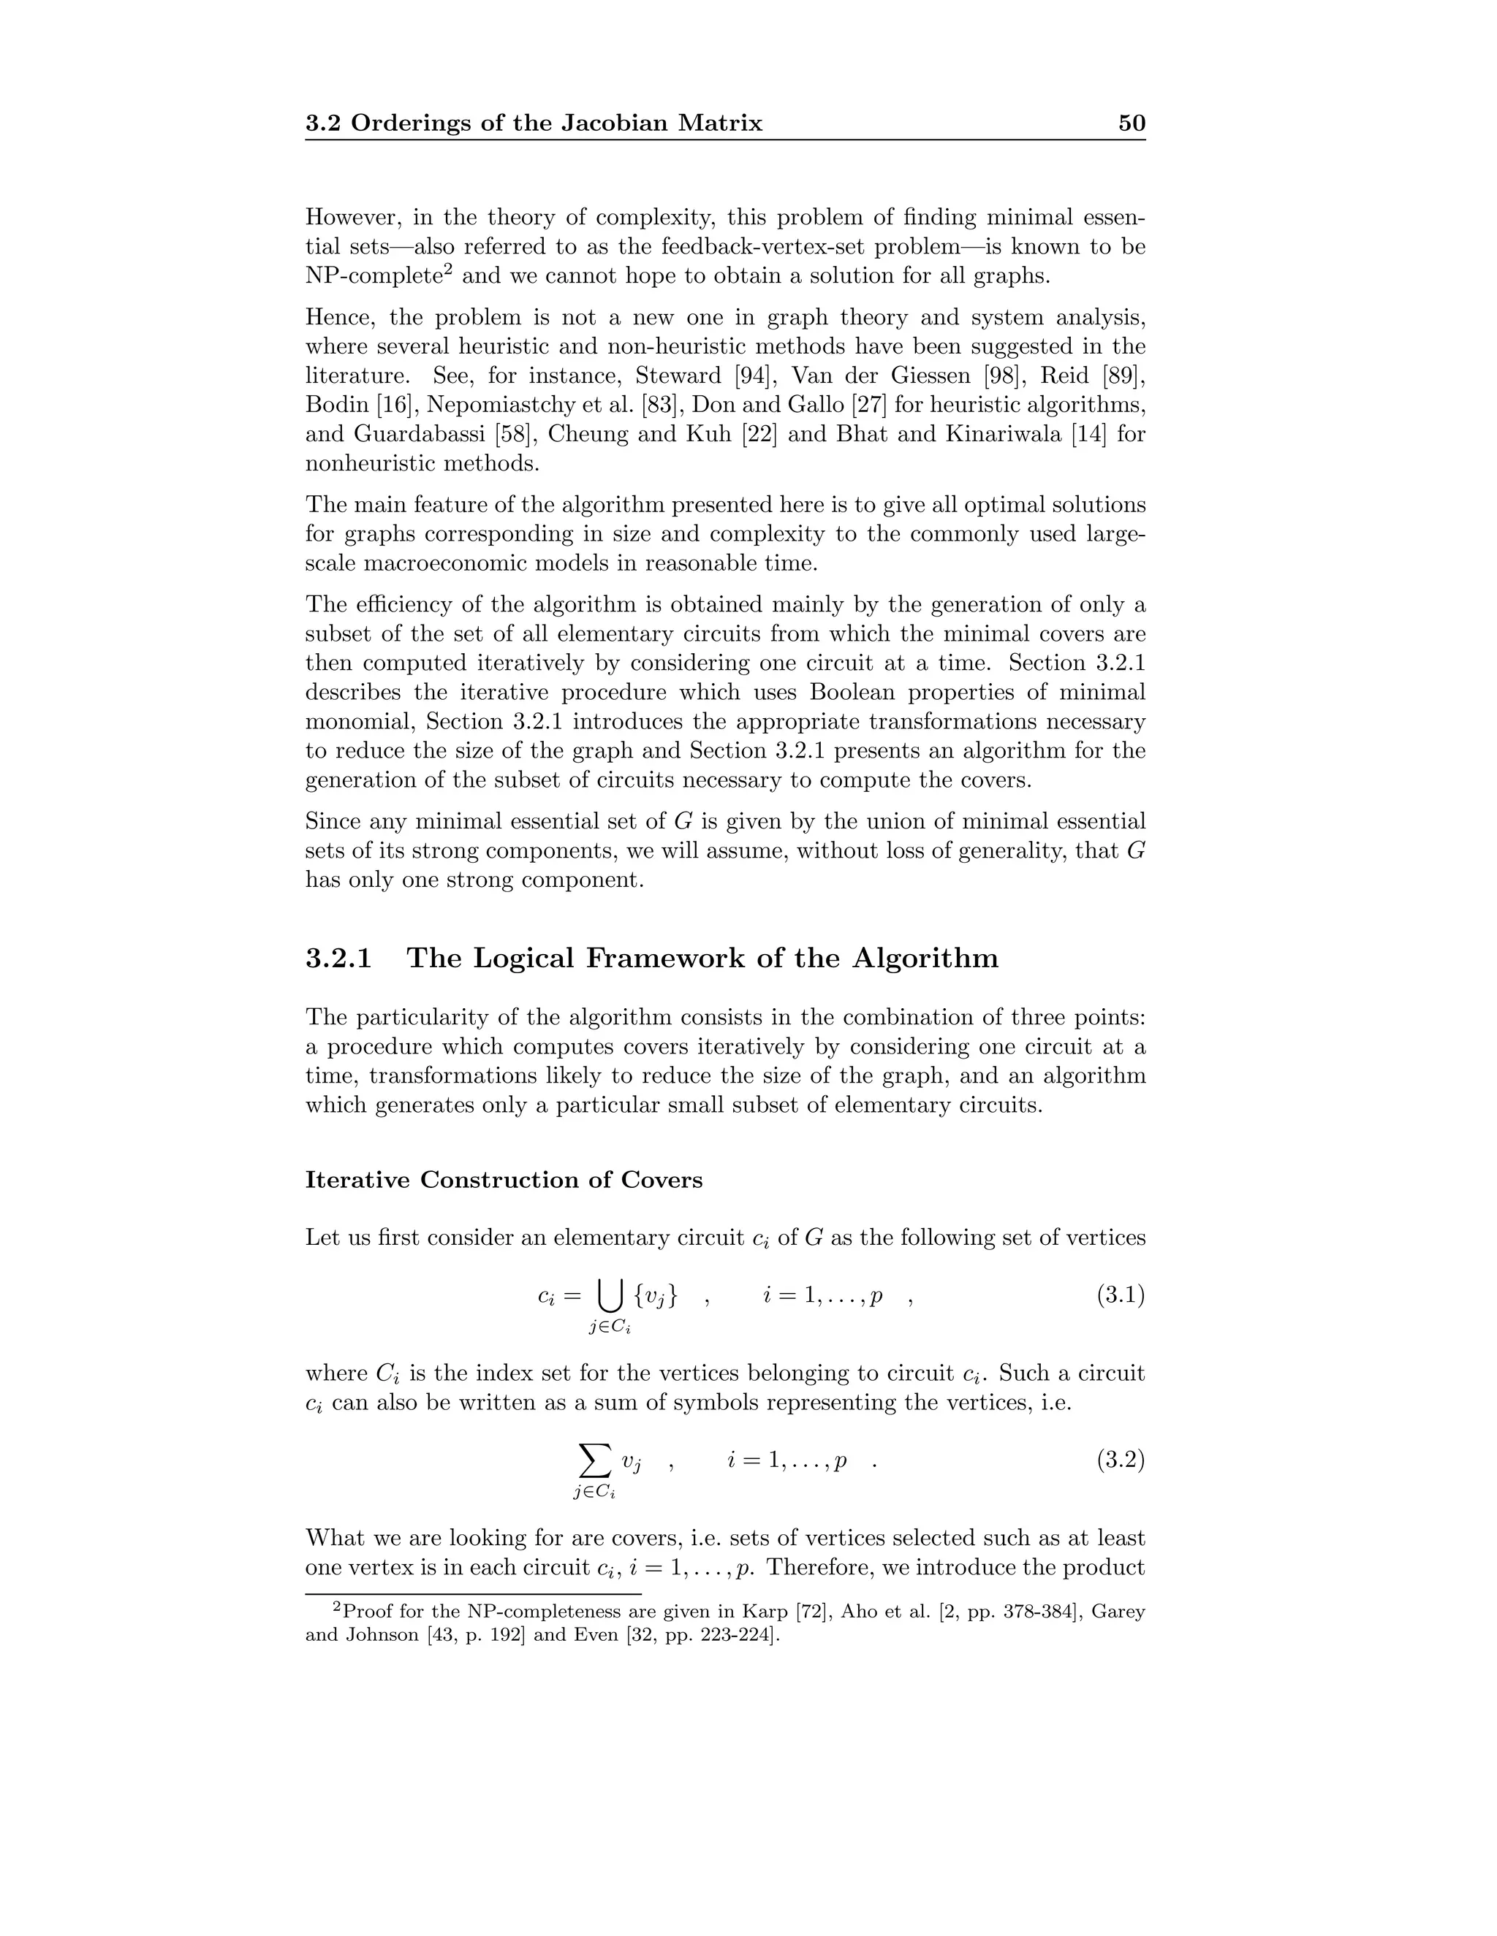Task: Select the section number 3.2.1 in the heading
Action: tap(338, 959)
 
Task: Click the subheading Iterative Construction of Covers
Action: tap(503, 1180)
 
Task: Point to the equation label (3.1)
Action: tap(1120, 1296)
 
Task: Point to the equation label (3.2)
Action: tap(1120, 1460)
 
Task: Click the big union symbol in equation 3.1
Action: tap(608, 1297)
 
